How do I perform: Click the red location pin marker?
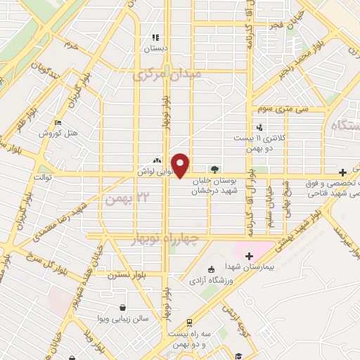181,165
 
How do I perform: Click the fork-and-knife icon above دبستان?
155,37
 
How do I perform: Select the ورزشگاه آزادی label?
212,281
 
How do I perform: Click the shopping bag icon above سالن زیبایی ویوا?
123,307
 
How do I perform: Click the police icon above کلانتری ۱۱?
260,127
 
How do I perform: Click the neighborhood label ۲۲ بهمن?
120,200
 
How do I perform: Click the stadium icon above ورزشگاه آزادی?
210,269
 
